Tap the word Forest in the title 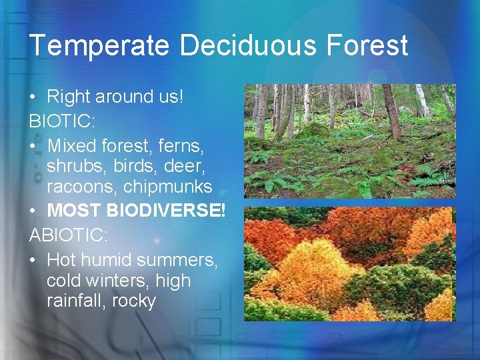pos(366,46)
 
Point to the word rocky pos(133,301)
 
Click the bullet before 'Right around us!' pos(33,97)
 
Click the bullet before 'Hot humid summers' pos(33,258)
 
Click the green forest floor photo pos(349,141)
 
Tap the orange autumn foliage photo pos(349,264)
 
